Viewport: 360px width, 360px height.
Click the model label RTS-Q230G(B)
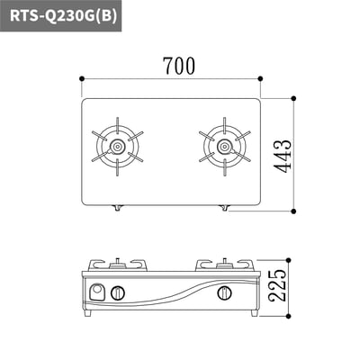(63, 15)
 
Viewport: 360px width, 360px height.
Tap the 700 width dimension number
(179, 66)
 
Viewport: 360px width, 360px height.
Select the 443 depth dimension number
(283, 156)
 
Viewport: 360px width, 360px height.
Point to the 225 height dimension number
(277, 285)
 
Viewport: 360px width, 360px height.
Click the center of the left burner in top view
(117, 147)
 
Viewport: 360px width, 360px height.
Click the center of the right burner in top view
(224, 147)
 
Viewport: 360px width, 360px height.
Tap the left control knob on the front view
(118, 292)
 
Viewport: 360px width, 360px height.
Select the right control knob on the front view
(224, 292)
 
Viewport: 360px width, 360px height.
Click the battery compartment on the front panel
(97, 292)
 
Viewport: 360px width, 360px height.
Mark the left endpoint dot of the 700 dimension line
(81, 78)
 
